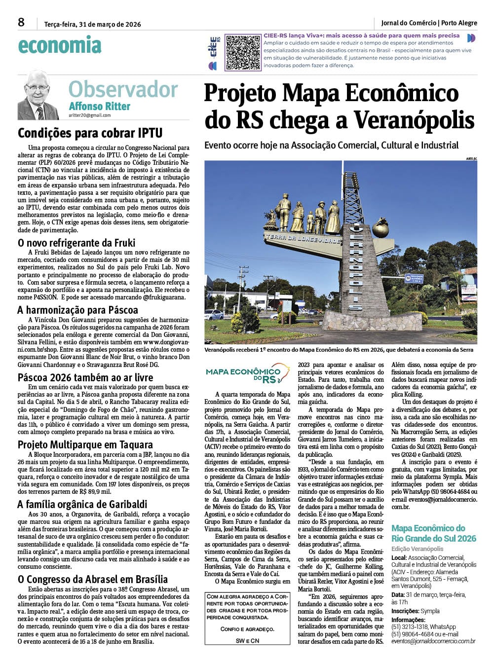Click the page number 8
click(21, 23)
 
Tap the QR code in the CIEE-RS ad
click(243, 52)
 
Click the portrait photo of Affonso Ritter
click(38, 95)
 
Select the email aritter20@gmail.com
click(90, 115)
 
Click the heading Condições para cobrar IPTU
click(90, 133)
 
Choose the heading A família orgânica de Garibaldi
click(82, 504)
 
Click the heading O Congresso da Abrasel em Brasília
click(93, 579)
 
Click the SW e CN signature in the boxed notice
click(247, 640)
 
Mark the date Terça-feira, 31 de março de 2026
click(92, 24)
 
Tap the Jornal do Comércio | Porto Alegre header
click(429, 23)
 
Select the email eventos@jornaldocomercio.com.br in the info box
click(433, 641)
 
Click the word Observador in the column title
click(123, 90)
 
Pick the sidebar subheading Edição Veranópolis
click(417, 549)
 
